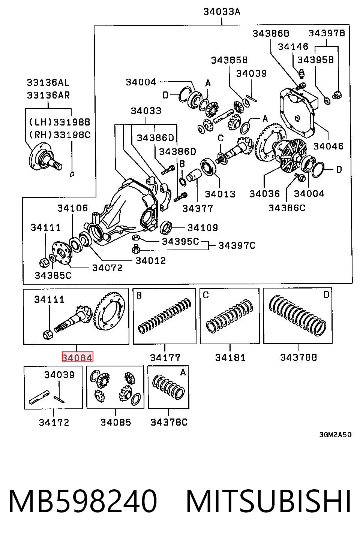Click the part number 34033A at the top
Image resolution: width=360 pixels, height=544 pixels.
(x=222, y=12)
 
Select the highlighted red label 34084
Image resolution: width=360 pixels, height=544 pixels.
(x=77, y=356)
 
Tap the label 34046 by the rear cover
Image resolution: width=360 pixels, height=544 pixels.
(x=328, y=146)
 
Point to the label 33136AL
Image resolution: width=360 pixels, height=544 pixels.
(x=48, y=82)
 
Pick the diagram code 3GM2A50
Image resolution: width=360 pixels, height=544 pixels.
(x=336, y=435)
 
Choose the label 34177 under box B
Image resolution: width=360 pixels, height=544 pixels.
(x=165, y=357)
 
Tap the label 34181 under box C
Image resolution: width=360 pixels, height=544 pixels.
(x=230, y=357)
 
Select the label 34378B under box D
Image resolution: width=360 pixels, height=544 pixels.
(x=298, y=357)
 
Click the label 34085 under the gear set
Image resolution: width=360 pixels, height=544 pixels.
(x=116, y=422)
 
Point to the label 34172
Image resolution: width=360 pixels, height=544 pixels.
(x=54, y=423)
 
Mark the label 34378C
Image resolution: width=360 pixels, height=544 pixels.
(x=169, y=422)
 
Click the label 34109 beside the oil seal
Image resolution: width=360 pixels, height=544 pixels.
(x=203, y=228)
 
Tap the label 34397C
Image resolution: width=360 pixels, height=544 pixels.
(x=237, y=245)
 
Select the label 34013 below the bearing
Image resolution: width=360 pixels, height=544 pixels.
(x=220, y=194)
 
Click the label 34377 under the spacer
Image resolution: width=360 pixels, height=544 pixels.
(x=198, y=208)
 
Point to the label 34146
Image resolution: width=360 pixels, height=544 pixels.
(x=293, y=46)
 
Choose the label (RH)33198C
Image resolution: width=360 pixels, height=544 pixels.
(x=60, y=135)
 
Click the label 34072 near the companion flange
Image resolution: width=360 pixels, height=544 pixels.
(x=107, y=268)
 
